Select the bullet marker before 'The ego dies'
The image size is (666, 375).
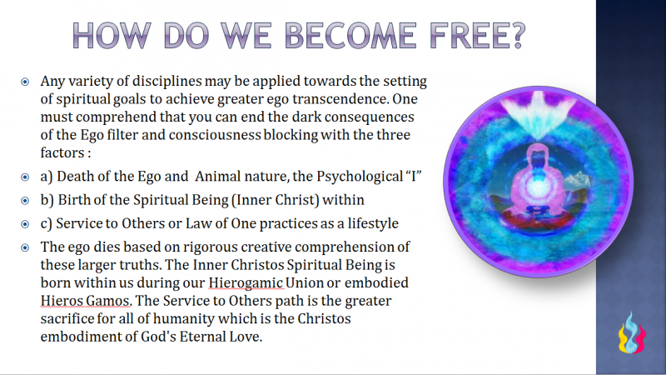click(x=24, y=247)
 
